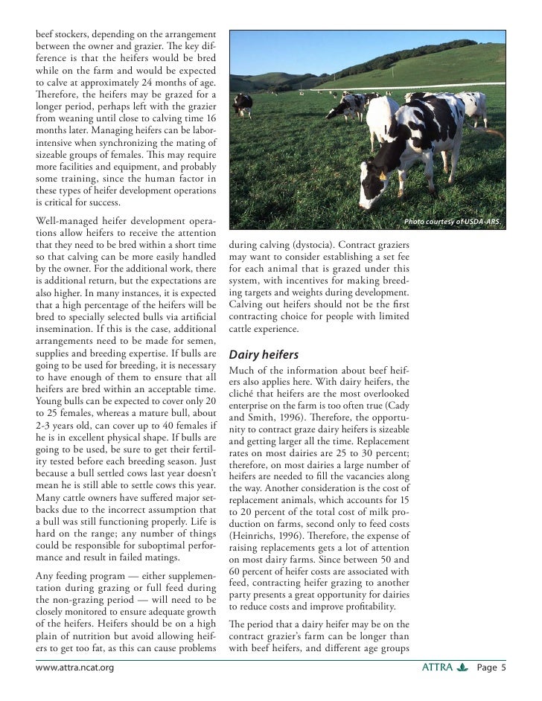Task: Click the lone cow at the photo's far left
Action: click(242, 105)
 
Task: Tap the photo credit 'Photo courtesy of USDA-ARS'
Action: click(453, 223)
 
